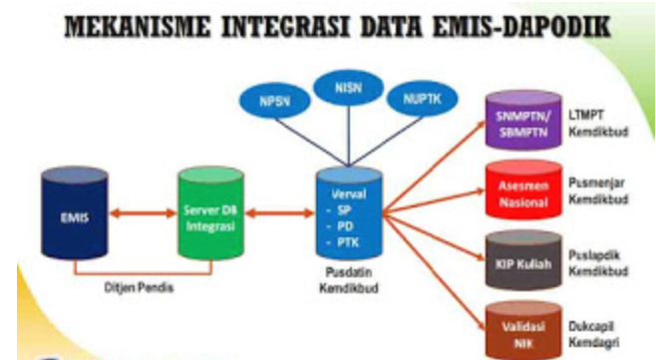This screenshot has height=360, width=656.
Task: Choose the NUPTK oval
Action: [422, 104]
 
